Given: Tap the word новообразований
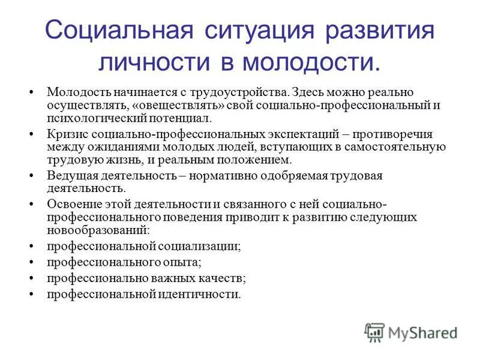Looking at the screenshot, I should coord(97,229).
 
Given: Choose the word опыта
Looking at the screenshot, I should coord(183,262).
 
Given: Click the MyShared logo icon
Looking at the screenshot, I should coord(374,331).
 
